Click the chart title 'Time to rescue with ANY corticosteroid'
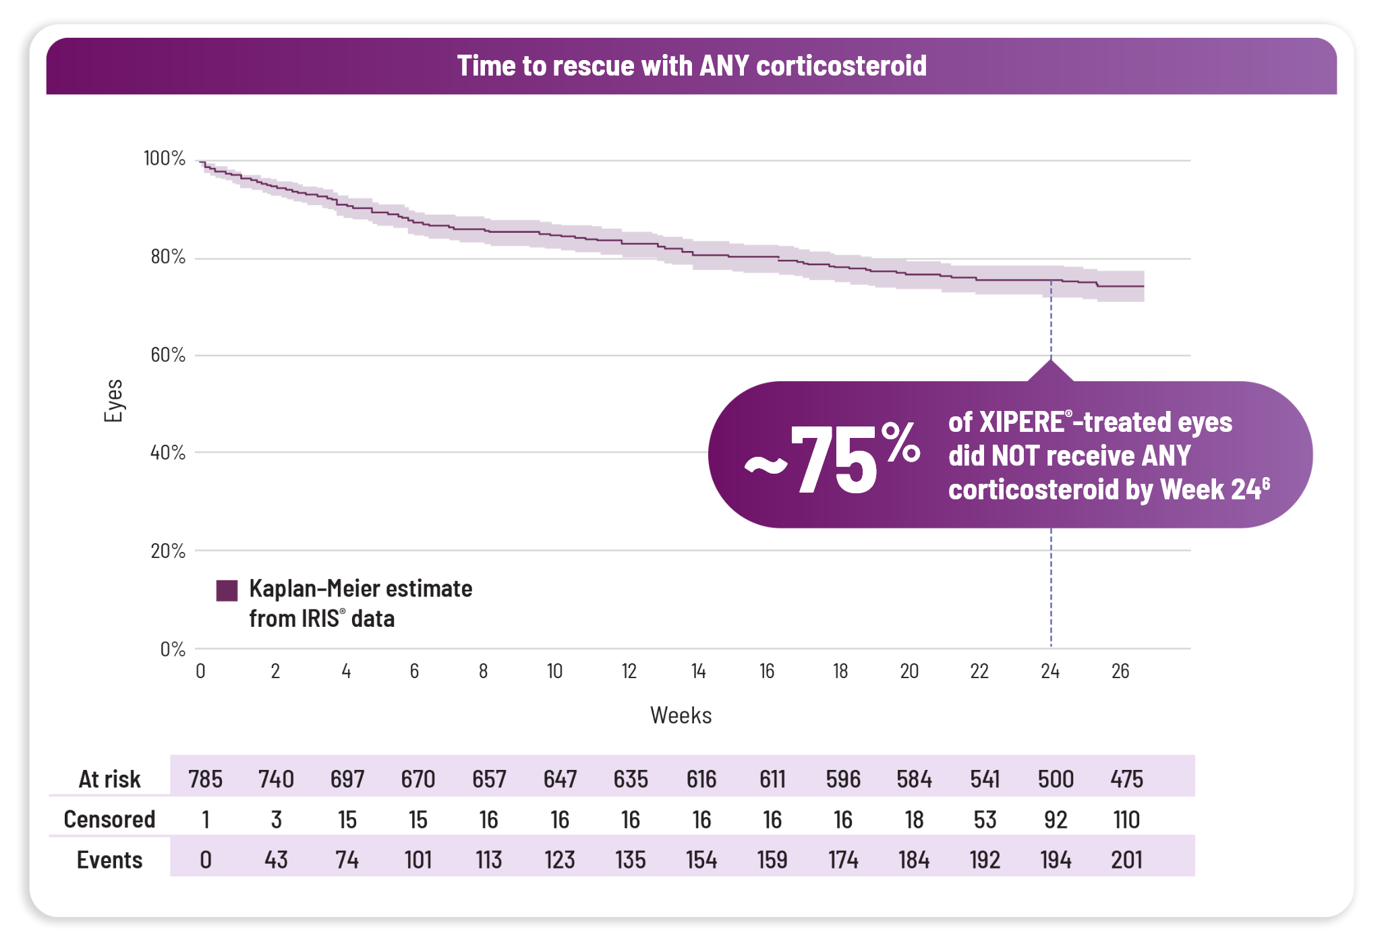click(691, 66)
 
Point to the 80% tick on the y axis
click(168, 257)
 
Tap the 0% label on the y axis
click(173, 649)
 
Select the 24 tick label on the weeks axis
click(1050, 671)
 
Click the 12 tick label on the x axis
click(629, 671)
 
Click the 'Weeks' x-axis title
click(681, 715)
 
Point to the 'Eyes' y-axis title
click(113, 401)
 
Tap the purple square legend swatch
click(227, 590)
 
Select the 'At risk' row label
click(109, 779)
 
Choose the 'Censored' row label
click(109, 819)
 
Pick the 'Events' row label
click(109, 860)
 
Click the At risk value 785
click(205, 779)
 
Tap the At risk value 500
click(1056, 779)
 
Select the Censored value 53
click(985, 820)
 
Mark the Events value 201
click(1126, 860)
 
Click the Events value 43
click(276, 860)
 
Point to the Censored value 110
click(1126, 820)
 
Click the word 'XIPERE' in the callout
click(1021, 422)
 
